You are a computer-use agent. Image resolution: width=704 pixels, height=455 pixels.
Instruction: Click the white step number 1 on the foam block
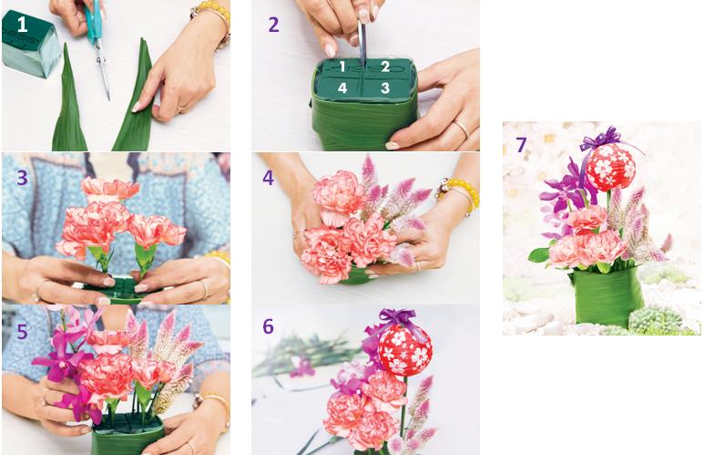click(x=22, y=24)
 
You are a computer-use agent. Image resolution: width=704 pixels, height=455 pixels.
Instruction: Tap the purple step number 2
click(x=273, y=25)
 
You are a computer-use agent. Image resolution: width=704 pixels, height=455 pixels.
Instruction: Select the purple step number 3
click(x=23, y=178)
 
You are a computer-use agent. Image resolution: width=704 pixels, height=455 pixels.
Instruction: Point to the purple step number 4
click(x=268, y=178)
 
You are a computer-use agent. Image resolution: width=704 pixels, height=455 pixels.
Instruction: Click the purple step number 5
click(x=23, y=332)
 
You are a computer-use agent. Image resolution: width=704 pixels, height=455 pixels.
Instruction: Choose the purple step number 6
click(x=268, y=326)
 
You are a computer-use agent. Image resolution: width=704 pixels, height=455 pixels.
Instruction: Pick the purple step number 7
click(x=521, y=145)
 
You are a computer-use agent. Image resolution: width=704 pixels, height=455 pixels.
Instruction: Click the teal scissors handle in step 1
click(x=94, y=20)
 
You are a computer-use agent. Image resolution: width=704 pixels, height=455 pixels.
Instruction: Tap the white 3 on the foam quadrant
click(x=384, y=88)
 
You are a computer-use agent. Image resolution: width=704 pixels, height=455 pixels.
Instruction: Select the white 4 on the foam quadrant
click(x=342, y=88)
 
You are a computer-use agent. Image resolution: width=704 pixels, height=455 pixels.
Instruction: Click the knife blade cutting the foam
click(x=362, y=44)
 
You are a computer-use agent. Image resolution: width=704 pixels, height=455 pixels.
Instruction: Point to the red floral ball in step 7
click(x=610, y=168)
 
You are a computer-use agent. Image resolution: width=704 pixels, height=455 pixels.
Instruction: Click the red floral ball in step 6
click(x=405, y=349)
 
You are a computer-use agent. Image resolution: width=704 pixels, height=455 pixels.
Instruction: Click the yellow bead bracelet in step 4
click(x=460, y=193)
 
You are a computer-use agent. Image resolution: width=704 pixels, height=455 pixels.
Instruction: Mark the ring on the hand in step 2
click(x=462, y=129)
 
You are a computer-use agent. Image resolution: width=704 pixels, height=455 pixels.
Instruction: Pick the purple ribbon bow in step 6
click(x=395, y=317)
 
